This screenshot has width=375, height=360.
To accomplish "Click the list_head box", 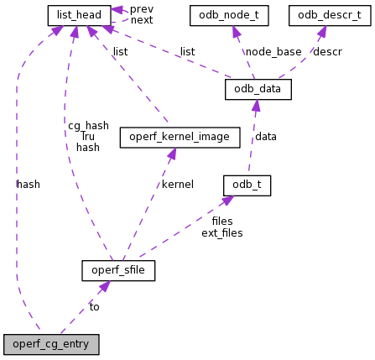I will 79,15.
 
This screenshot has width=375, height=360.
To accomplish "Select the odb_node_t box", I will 229,15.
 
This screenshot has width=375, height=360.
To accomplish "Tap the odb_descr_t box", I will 329,15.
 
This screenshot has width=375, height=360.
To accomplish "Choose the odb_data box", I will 258,89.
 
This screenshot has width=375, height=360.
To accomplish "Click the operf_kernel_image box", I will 180,137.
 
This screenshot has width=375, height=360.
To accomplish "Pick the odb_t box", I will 247,185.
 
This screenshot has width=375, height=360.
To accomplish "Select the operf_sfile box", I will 118,270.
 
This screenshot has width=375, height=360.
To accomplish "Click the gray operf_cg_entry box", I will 51,344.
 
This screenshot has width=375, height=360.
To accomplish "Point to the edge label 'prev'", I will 142,9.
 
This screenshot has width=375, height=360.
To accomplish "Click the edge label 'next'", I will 142,20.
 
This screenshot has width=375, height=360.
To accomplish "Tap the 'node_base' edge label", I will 273,52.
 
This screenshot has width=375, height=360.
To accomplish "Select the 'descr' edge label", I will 327,52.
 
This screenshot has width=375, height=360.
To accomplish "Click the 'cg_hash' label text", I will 88,126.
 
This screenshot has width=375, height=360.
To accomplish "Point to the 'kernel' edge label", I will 178,185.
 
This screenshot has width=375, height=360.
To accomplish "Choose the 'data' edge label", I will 266,137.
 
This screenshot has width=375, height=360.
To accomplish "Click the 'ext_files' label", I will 222,233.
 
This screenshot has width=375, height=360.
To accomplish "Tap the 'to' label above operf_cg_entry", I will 94,307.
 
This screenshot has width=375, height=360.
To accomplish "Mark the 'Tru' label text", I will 88,137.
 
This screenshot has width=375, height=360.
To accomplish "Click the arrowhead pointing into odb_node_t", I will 237,32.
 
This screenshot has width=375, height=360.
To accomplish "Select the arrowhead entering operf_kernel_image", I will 172,154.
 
